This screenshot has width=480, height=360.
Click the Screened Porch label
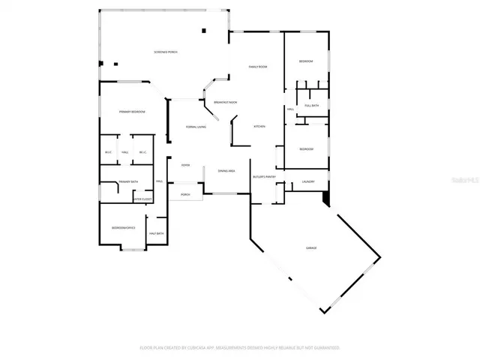coord(165,52)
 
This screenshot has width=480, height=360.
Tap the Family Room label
coord(259,67)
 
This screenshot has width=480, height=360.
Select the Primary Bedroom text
coord(132,112)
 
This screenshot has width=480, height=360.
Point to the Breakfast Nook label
coord(226,102)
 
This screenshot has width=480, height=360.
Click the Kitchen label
coord(259,126)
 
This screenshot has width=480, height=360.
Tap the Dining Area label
coord(226,171)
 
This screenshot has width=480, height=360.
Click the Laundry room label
coord(307,181)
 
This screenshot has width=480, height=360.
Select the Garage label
coord(310,247)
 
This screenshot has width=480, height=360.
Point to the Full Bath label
coord(311,106)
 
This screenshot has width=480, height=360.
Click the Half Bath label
coord(157,234)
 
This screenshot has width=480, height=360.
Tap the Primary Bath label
coord(129,181)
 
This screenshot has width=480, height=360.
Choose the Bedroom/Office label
coord(123,227)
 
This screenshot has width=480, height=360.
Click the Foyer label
coord(185,165)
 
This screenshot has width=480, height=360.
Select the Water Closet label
coord(142,199)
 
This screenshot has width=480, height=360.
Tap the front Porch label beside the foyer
coord(185,194)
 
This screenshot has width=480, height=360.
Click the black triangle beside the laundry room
coord(325,198)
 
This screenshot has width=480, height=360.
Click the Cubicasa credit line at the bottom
coord(240,348)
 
